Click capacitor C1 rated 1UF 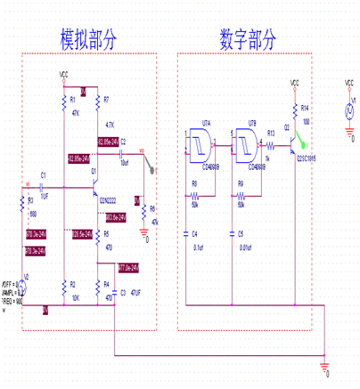(45, 186)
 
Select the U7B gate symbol (242, 144)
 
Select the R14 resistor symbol (294, 109)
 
